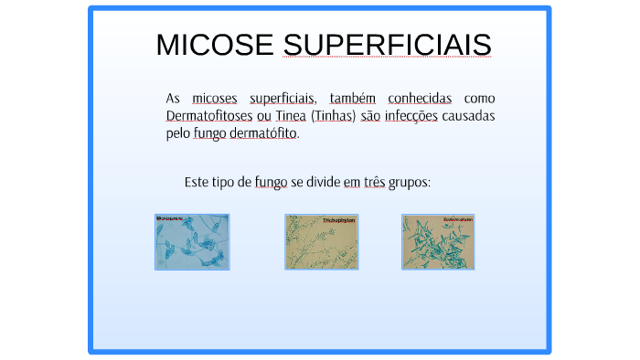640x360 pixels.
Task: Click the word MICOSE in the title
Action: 215,45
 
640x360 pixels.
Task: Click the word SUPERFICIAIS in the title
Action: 387,45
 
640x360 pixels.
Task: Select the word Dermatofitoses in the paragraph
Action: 209,116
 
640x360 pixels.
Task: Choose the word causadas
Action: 468,116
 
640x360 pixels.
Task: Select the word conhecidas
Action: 419,98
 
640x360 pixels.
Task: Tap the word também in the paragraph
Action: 353,98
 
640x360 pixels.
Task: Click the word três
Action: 374,182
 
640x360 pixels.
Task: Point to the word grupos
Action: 409,182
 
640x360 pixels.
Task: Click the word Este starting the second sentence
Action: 197,182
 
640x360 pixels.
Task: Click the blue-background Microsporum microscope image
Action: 192,242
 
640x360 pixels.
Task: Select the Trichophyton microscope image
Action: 321,242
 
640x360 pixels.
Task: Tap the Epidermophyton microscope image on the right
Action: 438,242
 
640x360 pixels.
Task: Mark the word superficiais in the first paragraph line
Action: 282,98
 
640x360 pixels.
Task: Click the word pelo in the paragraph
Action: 177,133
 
